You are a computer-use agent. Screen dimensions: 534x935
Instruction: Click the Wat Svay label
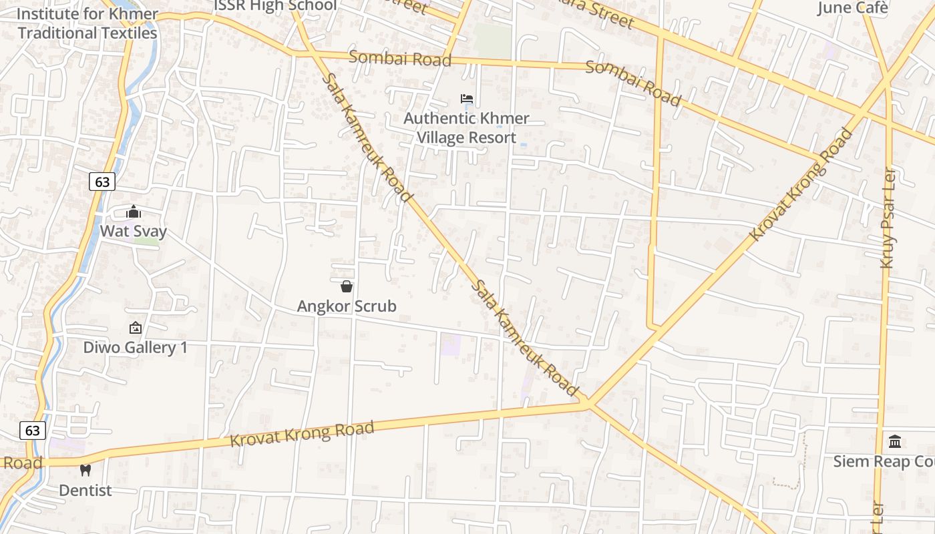click(134, 232)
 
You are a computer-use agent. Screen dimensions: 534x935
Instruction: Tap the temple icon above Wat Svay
click(134, 212)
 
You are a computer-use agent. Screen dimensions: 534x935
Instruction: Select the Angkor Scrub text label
click(347, 306)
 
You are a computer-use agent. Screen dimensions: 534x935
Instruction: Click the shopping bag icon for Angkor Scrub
click(347, 286)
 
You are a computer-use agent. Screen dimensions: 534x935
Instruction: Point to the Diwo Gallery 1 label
click(135, 347)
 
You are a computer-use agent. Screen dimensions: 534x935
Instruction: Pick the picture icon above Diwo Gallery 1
click(135, 328)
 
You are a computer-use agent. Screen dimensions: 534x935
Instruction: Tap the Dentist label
click(85, 491)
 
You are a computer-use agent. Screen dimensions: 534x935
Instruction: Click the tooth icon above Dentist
click(85, 470)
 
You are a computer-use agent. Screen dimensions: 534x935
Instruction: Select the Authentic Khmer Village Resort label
click(466, 128)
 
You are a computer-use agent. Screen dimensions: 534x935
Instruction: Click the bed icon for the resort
click(467, 99)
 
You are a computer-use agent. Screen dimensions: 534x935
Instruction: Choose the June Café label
click(853, 8)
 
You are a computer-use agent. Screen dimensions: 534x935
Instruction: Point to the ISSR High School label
click(275, 6)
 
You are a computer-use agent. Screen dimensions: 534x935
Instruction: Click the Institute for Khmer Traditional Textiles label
click(87, 23)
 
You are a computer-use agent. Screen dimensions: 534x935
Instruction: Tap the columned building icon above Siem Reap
click(895, 441)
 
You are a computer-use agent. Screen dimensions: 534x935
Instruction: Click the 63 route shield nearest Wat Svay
click(102, 181)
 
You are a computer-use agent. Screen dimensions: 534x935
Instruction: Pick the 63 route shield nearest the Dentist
click(32, 431)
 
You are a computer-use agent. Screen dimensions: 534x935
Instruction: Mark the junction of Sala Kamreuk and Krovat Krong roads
click(588, 403)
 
